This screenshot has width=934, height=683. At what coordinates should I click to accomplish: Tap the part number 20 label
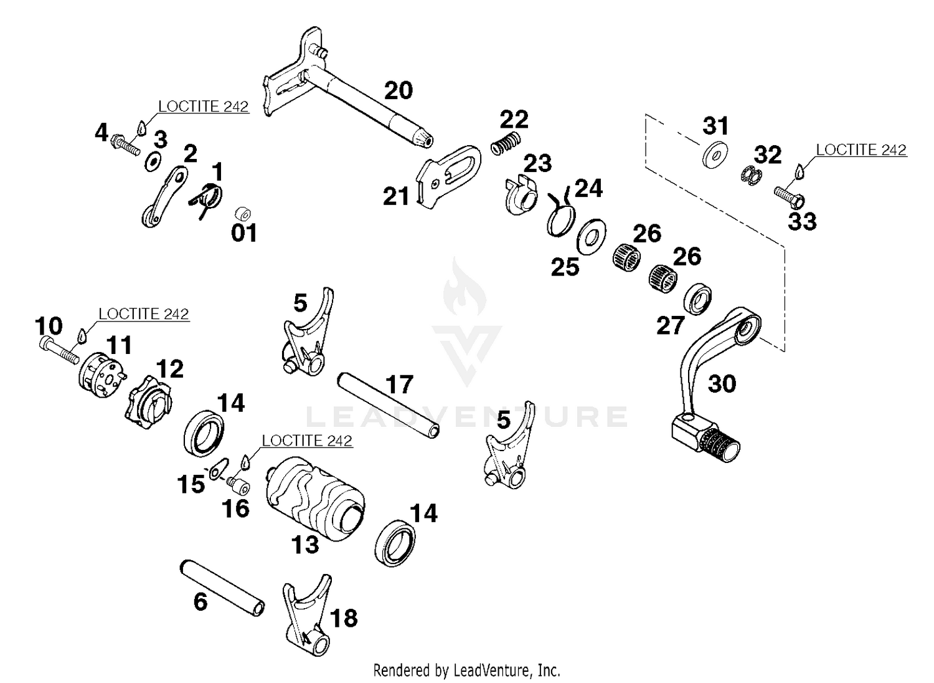[399, 91]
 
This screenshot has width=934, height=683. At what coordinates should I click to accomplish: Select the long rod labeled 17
[388, 404]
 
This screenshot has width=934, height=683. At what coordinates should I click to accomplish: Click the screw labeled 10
[59, 350]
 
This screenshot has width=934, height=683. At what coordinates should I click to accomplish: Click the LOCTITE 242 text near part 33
[861, 150]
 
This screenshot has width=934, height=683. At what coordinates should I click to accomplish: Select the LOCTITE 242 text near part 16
[307, 441]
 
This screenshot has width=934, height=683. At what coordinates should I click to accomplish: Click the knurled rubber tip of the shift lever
[719, 445]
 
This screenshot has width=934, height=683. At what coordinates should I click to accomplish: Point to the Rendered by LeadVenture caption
[466, 671]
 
